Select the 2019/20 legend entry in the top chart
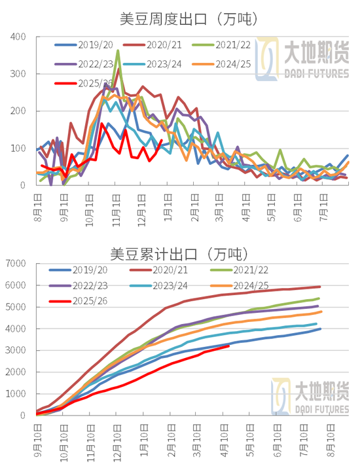[x=88, y=45]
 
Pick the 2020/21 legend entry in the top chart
[x=163, y=45]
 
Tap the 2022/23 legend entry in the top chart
[x=88, y=65]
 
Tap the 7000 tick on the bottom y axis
[x=18, y=263]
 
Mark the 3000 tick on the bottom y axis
[x=18, y=350]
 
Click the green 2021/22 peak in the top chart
[x=118, y=50]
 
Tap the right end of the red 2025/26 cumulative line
[x=228, y=346]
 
